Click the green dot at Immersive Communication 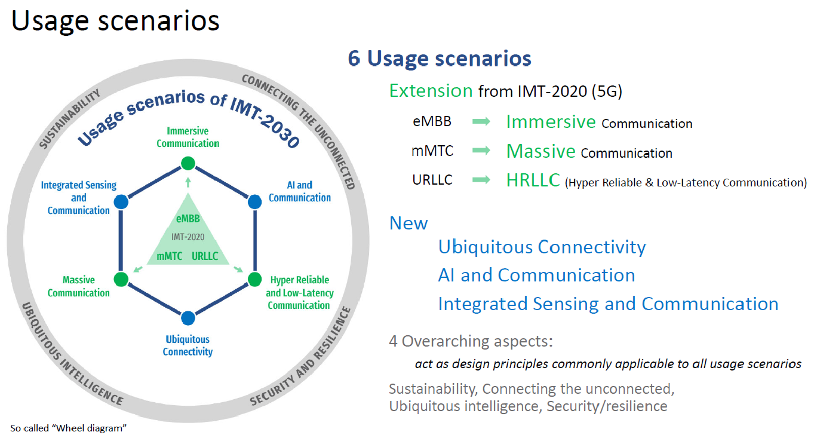(188, 163)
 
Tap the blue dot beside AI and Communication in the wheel (255, 202)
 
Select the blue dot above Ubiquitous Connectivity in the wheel (188, 318)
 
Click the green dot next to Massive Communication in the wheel (121, 279)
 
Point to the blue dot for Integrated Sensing (121, 202)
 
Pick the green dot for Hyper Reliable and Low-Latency (255, 279)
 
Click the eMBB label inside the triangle (188, 219)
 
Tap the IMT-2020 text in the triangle (188, 237)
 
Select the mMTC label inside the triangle (170, 256)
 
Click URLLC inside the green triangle (205, 256)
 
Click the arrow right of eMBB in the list (481, 121)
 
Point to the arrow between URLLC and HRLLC (481, 179)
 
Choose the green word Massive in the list (540, 151)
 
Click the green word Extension (431, 90)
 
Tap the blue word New (408, 223)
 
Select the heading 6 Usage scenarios (440, 58)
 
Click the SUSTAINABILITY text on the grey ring (70, 119)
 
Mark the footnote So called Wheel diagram (68, 428)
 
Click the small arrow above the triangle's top (188, 182)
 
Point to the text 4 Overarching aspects (471, 341)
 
